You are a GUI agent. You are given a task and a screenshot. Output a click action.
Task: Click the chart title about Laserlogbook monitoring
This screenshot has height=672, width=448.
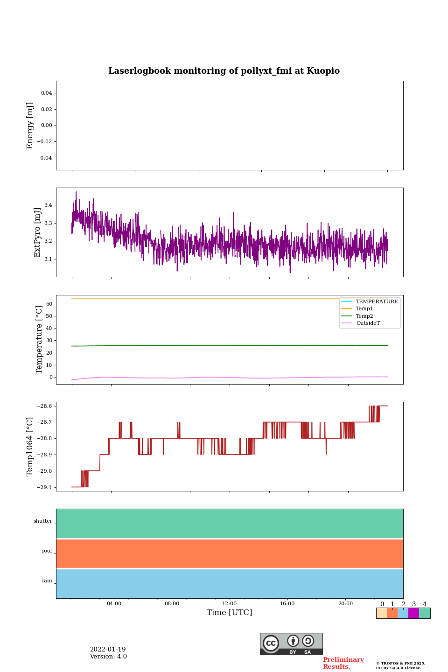tap(224, 71)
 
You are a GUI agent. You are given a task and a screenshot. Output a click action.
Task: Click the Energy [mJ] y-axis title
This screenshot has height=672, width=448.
tap(30, 126)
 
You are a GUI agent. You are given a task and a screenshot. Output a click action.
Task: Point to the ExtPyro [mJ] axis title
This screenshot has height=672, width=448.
tap(38, 232)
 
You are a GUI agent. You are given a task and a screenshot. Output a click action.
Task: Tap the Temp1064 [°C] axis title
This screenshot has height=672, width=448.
tap(30, 447)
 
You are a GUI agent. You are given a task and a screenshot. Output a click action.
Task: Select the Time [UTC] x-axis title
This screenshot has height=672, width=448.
tap(230, 612)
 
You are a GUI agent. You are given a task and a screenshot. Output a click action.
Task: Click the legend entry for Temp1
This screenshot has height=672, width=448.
tap(364, 309)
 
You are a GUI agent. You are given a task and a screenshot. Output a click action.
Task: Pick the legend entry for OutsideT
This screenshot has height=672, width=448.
tap(368, 323)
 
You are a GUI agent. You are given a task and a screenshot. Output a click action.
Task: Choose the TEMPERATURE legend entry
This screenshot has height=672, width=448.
tap(377, 302)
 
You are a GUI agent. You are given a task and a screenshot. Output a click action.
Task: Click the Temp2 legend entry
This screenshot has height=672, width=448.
tap(364, 316)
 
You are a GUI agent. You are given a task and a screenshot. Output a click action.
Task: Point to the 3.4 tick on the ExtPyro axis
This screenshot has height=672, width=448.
tap(48, 205)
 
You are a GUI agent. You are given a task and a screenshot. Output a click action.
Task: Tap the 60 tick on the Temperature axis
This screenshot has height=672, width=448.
tap(49, 304)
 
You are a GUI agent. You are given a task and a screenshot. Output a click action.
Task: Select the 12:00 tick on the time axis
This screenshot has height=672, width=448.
tap(230, 603)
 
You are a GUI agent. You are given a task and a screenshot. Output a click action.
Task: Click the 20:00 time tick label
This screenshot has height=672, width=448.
tap(345, 603)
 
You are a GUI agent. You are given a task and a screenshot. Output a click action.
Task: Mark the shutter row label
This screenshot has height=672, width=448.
tap(43, 521)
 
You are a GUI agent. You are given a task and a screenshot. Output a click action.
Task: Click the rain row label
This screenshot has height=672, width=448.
tap(47, 581)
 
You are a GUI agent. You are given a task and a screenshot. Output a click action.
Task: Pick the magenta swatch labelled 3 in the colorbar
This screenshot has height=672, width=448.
tap(413, 613)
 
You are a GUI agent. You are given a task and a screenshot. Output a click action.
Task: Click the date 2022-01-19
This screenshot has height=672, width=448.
tap(108, 650)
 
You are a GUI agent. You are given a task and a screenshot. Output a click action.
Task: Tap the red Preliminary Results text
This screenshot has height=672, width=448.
tap(343, 663)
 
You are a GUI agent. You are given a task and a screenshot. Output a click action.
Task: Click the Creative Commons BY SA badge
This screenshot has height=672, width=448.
tap(291, 644)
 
